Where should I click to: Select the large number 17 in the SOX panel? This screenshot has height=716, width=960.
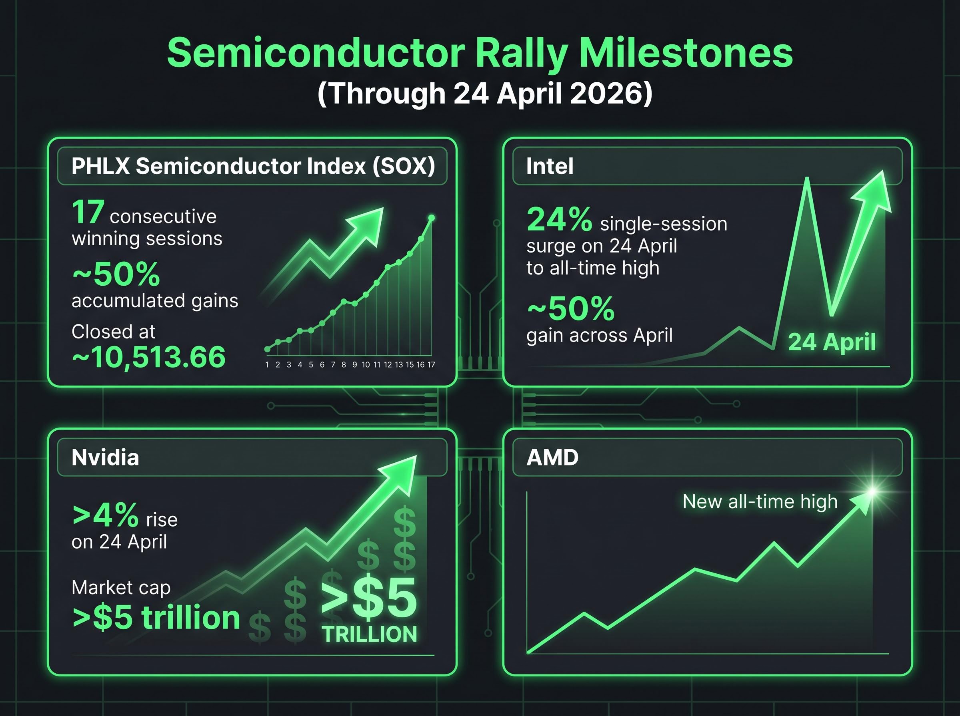[88, 213]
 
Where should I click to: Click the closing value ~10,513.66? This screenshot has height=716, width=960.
[149, 357]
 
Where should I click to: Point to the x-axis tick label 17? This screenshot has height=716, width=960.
[431, 365]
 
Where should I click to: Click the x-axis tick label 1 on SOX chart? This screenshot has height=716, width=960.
[267, 365]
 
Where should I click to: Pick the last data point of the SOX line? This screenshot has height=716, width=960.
[431, 218]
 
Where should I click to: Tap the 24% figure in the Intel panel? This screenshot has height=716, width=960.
[559, 219]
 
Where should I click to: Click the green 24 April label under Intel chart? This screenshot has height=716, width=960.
[832, 342]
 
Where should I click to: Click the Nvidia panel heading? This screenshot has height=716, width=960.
[106, 457]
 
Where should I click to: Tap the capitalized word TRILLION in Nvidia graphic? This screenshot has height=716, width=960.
[370, 634]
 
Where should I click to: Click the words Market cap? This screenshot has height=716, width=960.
[121, 588]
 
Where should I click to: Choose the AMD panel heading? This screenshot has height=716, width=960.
[552, 457]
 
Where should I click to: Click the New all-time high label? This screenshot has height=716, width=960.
[760, 502]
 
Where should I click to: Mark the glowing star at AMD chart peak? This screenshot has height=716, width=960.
[872, 491]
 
